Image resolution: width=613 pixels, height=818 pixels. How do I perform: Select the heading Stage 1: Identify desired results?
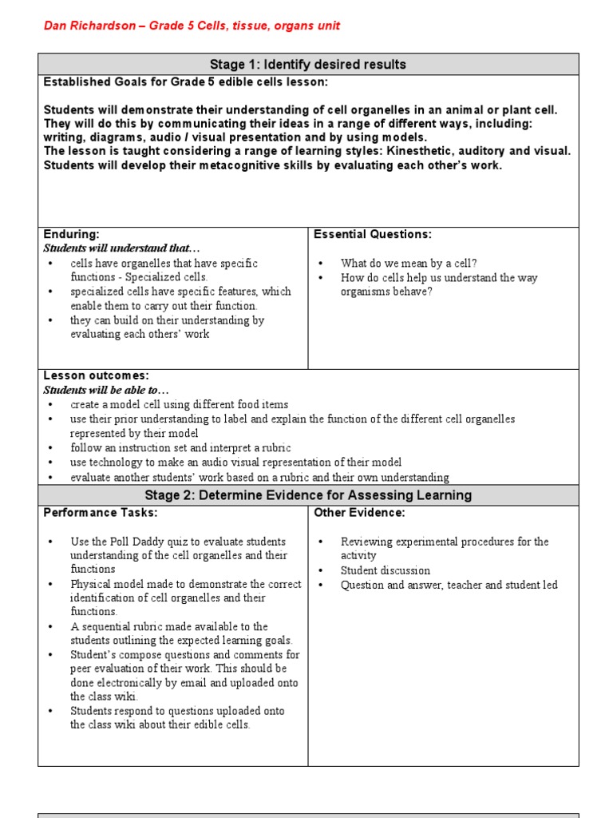(308, 65)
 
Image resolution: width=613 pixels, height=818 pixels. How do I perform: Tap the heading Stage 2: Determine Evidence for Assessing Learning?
(308, 495)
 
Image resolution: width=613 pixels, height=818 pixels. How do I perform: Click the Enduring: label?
(72, 234)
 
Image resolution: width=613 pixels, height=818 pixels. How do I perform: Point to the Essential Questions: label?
(373, 234)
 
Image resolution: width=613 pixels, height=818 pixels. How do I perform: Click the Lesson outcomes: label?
(97, 375)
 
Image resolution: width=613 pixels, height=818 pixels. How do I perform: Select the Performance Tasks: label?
(101, 512)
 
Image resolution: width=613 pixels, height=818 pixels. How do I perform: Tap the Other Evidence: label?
(359, 512)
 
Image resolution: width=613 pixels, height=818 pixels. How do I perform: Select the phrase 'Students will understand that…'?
(121, 248)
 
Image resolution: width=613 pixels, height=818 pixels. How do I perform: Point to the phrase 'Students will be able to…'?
(106, 390)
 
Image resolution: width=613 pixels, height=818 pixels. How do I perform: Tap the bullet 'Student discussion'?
(385, 570)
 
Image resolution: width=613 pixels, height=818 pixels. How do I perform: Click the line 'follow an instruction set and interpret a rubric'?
(180, 448)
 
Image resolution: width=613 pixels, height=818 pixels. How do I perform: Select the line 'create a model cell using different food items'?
(180, 405)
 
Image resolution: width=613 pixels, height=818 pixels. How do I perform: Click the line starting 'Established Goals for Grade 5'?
(185, 82)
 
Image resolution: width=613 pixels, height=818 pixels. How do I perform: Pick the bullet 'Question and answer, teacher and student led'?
(449, 585)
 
